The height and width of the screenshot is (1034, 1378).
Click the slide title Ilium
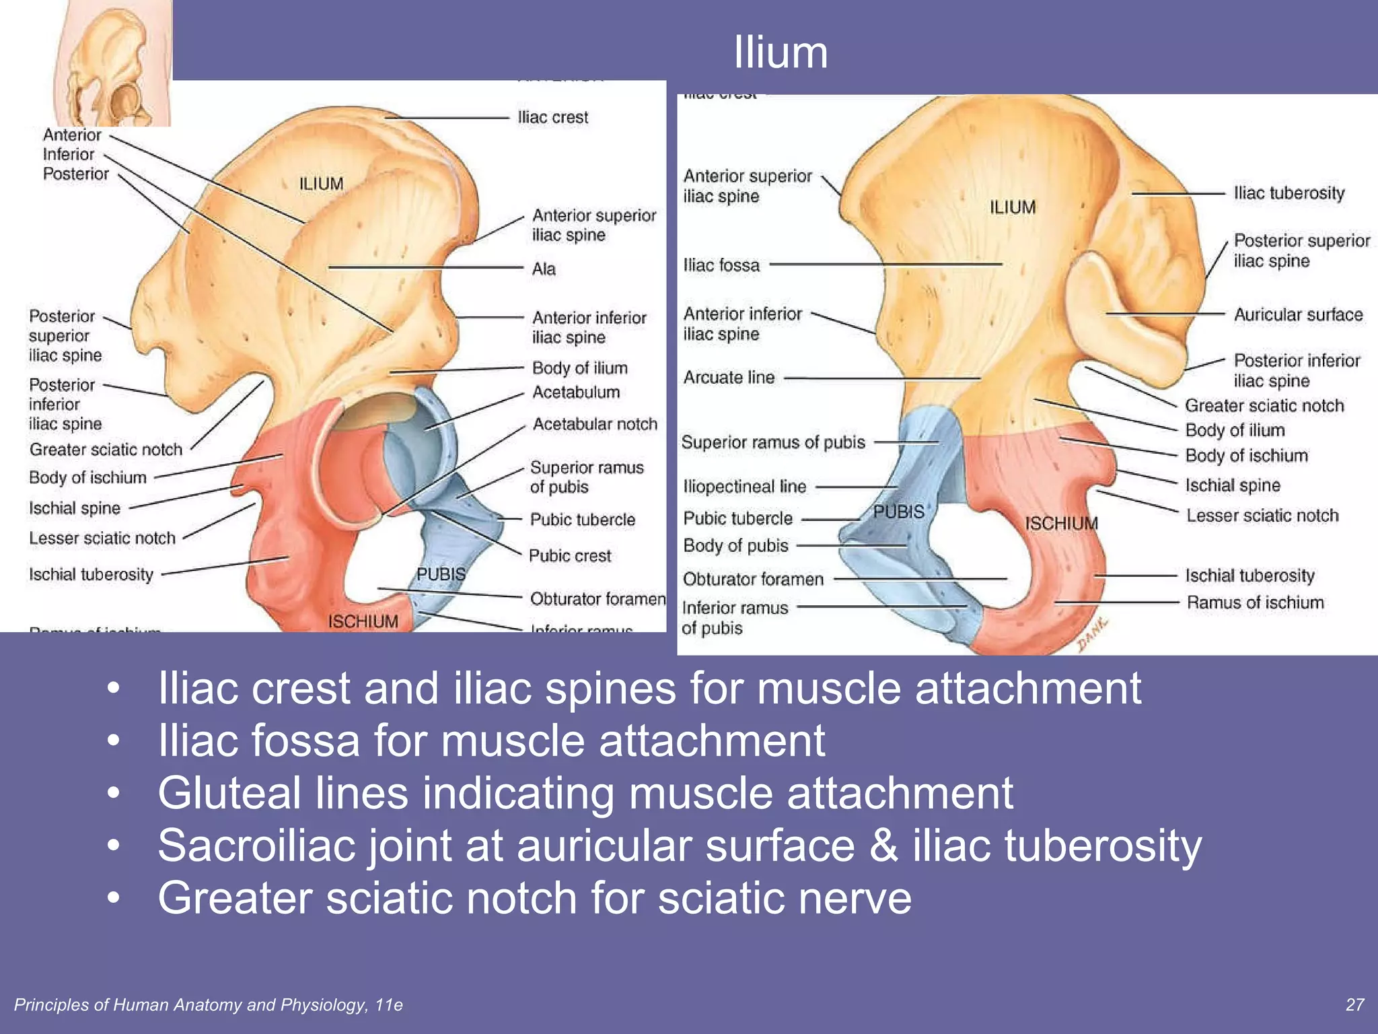[x=780, y=53]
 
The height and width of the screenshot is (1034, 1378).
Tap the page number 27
[x=1354, y=1004]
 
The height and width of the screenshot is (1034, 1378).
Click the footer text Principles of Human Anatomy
[x=208, y=1005]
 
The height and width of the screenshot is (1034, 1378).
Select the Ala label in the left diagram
[x=544, y=269]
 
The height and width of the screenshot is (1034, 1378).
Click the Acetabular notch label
[x=595, y=424]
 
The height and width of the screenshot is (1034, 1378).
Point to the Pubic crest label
[x=570, y=556]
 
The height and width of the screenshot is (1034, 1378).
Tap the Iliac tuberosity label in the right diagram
[x=1289, y=193]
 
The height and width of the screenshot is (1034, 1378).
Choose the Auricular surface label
[x=1298, y=315]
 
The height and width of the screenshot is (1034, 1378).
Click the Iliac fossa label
[x=721, y=265]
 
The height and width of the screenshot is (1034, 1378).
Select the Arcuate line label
[x=729, y=378]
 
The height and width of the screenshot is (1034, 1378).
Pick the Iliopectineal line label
[x=744, y=487]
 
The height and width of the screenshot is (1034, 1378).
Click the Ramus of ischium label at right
[x=1255, y=602]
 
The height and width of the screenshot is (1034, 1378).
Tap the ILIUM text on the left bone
[x=321, y=184]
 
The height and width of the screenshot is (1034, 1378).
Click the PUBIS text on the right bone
[x=898, y=512]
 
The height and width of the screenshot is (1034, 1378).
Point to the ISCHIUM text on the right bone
[x=1061, y=524]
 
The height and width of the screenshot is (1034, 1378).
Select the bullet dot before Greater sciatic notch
[x=114, y=898]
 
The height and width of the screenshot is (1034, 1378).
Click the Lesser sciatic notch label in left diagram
[x=102, y=539]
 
